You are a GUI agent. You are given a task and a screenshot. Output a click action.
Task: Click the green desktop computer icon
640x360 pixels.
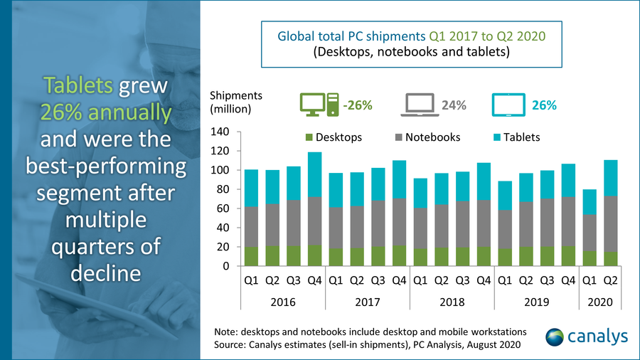pyautogui.click(x=316, y=105)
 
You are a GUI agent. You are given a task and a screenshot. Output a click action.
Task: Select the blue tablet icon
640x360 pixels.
pyautogui.click(x=508, y=105)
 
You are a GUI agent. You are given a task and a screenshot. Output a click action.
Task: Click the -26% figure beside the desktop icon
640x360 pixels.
pyautogui.click(x=357, y=106)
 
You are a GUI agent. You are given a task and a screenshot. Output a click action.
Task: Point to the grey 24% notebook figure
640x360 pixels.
pyautogui.click(x=454, y=106)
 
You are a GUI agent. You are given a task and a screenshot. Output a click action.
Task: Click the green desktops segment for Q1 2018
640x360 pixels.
pyautogui.click(x=422, y=257)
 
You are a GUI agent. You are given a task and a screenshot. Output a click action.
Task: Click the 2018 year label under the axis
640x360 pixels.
pyautogui.click(x=452, y=302)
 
